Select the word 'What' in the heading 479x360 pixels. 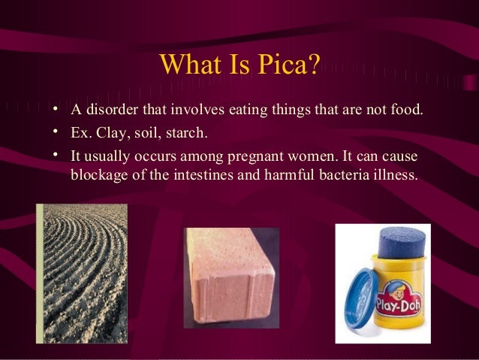(188, 65)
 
